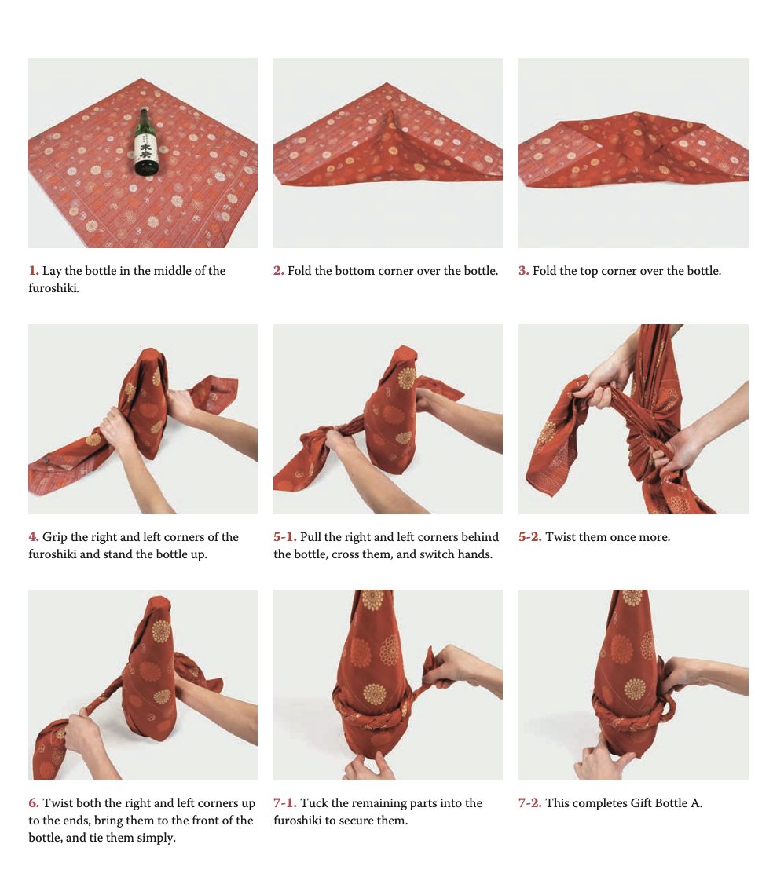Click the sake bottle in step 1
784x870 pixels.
pyautogui.click(x=145, y=142)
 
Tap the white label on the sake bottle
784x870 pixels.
pyautogui.click(x=145, y=150)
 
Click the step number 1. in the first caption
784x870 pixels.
pyautogui.click(x=34, y=271)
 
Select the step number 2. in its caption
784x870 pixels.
pyautogui.click(x=279, y=271)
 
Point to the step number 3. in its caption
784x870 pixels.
pyautogui.click(x=524, y=271)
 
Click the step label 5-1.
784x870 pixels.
pyautogui.click(x=285, y=537)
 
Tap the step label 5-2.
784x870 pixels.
pyautogui.click(x=530, y=537)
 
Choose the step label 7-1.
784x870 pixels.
pyautogui.click(x=285, y=802)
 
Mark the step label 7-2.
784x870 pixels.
pyautogui.click(x=530, y=802)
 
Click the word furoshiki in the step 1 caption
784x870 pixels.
pyautogui.click(x=53, y=288)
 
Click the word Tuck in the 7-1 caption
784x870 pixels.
pyautogui.click(x=313, y=802)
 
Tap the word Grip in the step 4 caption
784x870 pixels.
pyautogui.click(x=54, y=537)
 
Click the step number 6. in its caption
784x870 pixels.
pyautogui.click(x=34, y=802)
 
